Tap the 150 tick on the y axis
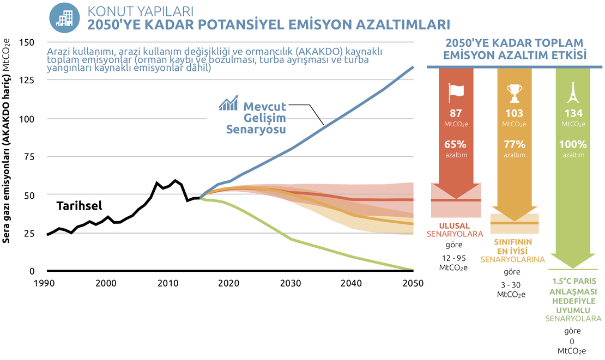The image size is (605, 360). click(x=26, y=42)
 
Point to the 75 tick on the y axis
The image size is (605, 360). click(x=28, y=157)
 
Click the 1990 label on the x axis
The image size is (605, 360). click(x=46, y=283)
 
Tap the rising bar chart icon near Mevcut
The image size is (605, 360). click(x=229, y=103)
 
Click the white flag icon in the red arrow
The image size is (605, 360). click(x=455, y=93)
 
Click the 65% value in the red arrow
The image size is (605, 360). click(x=455, y=145)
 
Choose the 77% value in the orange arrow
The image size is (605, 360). click(x=514, y=145)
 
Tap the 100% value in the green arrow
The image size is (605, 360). click(x=572, y=145)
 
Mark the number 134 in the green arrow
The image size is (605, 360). click(x=572, y=113)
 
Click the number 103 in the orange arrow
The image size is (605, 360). click(x=514, y=113)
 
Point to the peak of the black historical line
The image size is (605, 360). click(x=175, y=180)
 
